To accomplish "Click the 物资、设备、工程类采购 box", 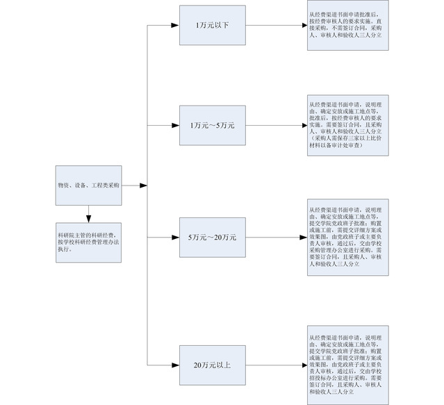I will tap(88, 186).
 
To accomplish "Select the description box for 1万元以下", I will tap(348, 26).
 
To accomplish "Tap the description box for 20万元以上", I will tap(348, 364).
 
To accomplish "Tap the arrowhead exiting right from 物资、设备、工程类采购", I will tap(143, 186).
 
